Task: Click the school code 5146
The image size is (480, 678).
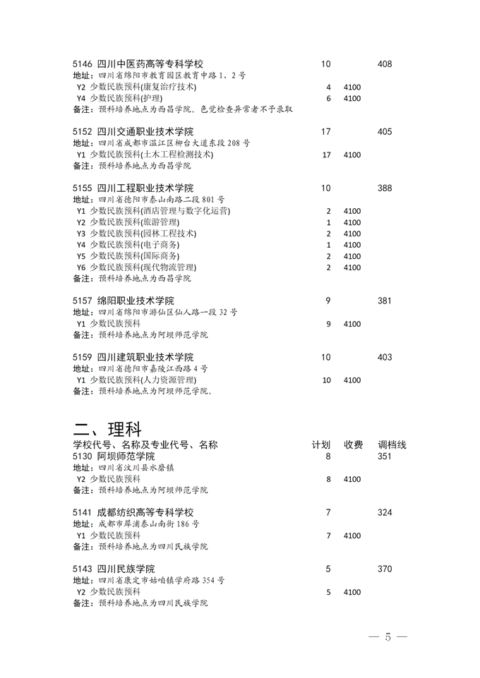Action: coord(83,64)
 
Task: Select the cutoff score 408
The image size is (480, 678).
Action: coord(385,64)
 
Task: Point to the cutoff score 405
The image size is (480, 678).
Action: coord(385,132)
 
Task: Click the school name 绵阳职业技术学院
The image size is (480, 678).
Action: coord(135,301)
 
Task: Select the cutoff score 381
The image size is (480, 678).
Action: coord(385,301)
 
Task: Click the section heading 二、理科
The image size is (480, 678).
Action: coord(108,429)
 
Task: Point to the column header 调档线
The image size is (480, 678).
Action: coord(392,445)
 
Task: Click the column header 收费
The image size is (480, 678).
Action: coord(354,445)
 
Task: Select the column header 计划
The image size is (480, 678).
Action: coord(321,445)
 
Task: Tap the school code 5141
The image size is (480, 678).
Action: coord(83,513)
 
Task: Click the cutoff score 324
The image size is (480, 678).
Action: coord(385,513)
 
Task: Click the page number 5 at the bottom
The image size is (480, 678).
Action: coord(388,637)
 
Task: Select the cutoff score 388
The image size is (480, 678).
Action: coord(385,188)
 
